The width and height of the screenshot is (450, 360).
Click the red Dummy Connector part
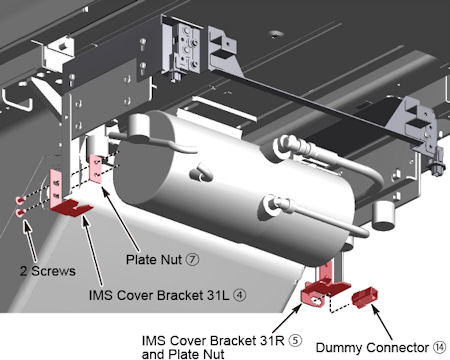point(365,297)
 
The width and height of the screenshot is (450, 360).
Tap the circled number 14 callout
point(440,347)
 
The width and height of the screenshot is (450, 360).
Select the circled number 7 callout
point(192,259)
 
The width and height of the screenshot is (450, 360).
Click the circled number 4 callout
point(240,295)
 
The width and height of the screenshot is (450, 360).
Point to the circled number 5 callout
point(295,341)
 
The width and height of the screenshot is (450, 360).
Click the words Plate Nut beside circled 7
point(154,259)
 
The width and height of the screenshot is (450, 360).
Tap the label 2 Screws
point(48,271)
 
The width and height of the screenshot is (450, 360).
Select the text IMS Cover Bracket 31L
point(159,295)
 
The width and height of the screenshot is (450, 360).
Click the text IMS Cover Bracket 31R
point(213,341)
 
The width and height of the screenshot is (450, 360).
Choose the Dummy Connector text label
point(372,348)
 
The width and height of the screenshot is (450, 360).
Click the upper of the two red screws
point(20,200)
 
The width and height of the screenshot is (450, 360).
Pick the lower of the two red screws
point(20,213)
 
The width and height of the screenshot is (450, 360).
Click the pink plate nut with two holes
point(96,169)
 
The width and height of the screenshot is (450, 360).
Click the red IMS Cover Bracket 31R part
point(323,288)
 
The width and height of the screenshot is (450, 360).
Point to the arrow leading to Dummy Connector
point(383,321)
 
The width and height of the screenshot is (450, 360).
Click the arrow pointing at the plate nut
point(120,219)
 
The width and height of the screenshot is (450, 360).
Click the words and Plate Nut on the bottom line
point(183,354)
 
